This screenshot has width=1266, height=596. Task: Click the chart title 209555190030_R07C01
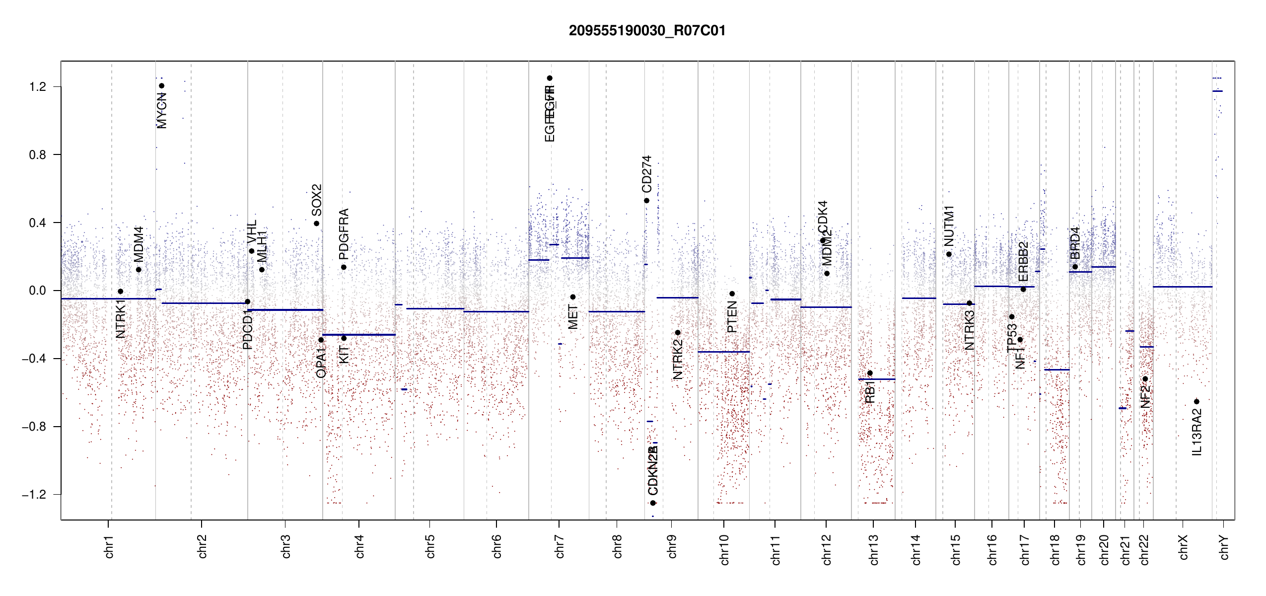click(x=647, y=31)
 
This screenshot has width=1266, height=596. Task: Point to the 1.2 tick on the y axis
click(x=38, y=87)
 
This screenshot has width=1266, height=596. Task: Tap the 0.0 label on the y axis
click(x=38, y=291)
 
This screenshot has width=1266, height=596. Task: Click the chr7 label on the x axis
click(x=560, y=546)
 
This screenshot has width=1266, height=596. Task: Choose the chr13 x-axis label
click(x=873, y=549)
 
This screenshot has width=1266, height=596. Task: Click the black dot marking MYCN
click(x=161, y=86)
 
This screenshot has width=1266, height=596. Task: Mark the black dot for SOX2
click(x=316, y=223)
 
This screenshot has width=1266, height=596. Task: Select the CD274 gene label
click(x=646, y=174)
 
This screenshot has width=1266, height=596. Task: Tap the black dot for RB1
click(x=870, y=373)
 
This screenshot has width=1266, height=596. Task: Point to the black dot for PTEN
click(x=732, y=294)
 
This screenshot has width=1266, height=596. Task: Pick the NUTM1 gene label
click(x=949, y=226)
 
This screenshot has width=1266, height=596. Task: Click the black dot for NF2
click(x=1145, y=379)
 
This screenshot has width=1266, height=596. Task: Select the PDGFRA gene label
click(x=344, y=234)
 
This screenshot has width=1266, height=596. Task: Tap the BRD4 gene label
click(x=1075, y=243)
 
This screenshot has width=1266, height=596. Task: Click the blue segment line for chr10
click(x=723, y=352)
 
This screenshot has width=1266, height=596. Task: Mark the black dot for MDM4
click(x=139, y=270)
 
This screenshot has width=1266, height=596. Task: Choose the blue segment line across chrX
click(x=1182, y=287)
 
